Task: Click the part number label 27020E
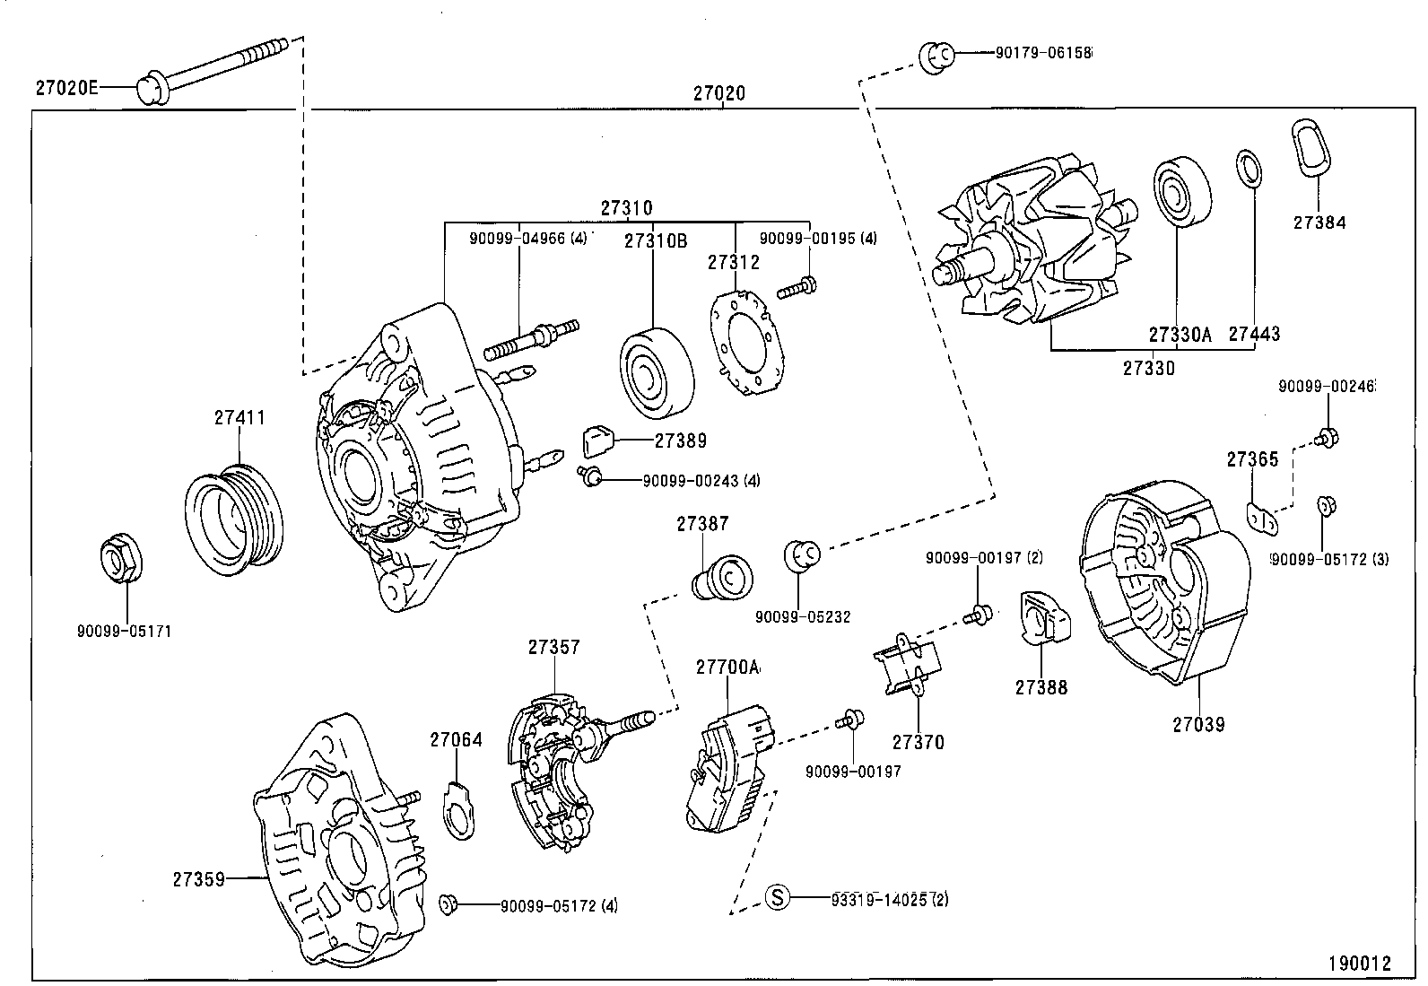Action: (65, 88)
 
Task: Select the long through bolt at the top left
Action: (215, 67)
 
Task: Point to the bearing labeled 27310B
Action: (657, 373)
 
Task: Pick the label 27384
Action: (1319, 223)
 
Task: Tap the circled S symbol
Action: (778, 896)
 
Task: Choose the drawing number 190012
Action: (1359, 964)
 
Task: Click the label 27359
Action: (197, 879)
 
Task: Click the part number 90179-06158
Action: (1043, 53)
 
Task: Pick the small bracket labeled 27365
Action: (1263, 518)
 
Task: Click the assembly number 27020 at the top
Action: (718, 93)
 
